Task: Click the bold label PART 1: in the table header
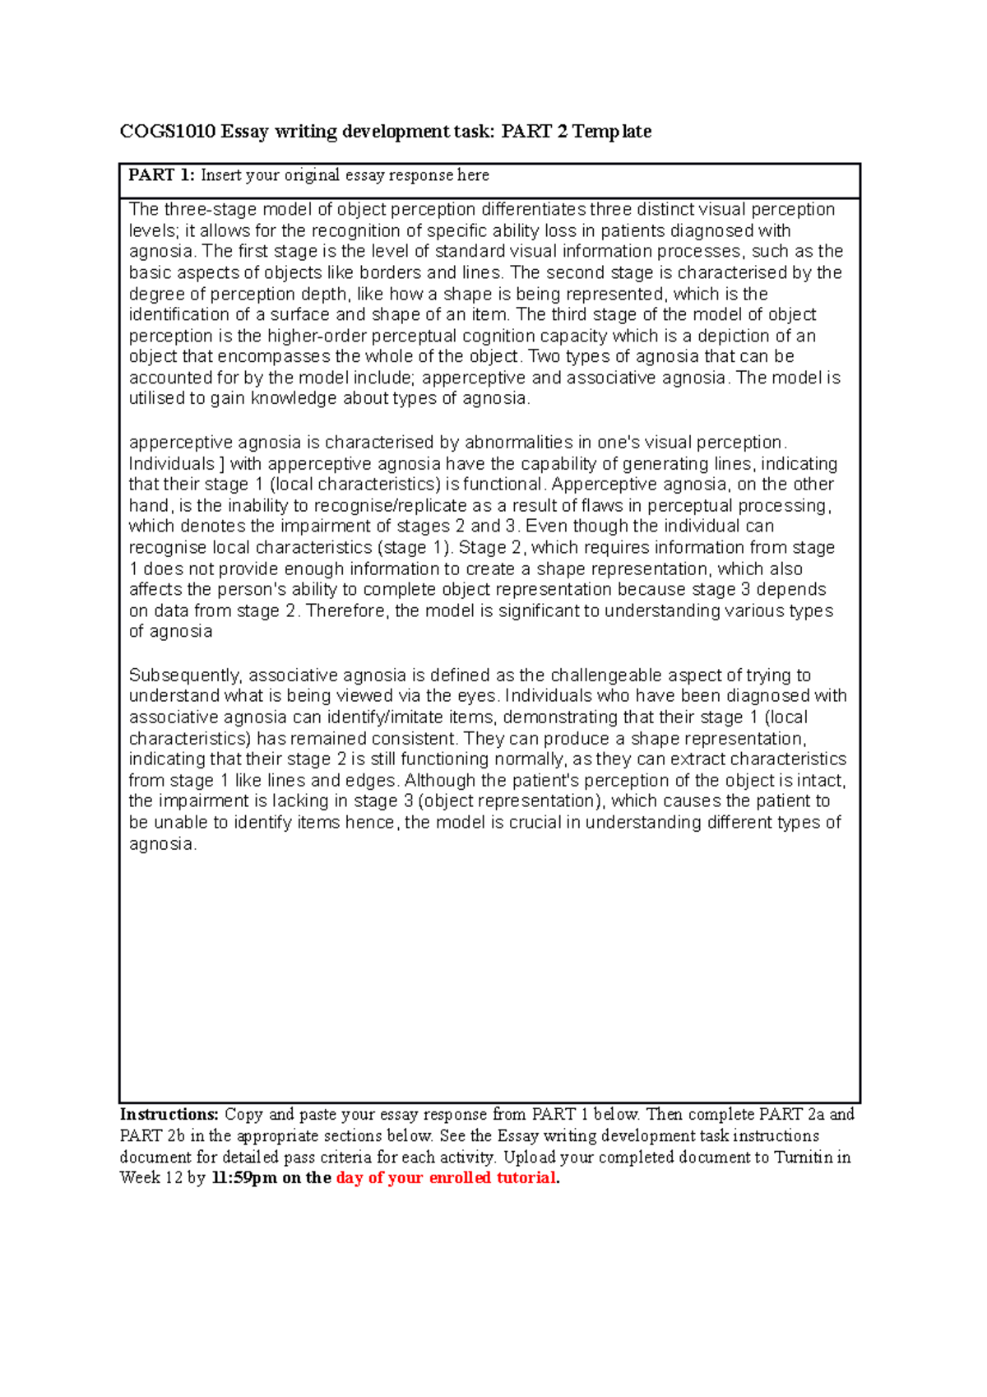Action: pyautogui.click(x=161, y=175)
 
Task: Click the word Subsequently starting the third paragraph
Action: pyautogui.click(x=185, y=675)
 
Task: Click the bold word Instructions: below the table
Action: pyautogui.click(x=169, y=1115)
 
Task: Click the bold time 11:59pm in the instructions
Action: pyautogui.click(x=243, y=1178)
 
